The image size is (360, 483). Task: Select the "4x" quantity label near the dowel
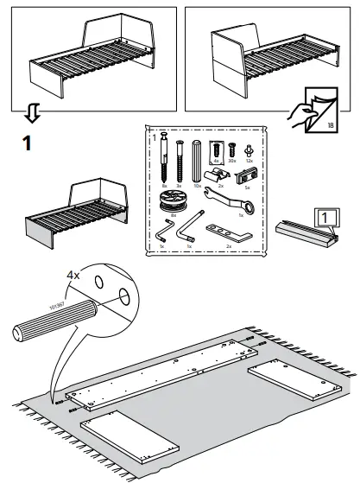[x=75, y=276]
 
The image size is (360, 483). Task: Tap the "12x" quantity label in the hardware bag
[x=250, y=160]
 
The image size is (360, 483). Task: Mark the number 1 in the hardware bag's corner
[x=154, y=137]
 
